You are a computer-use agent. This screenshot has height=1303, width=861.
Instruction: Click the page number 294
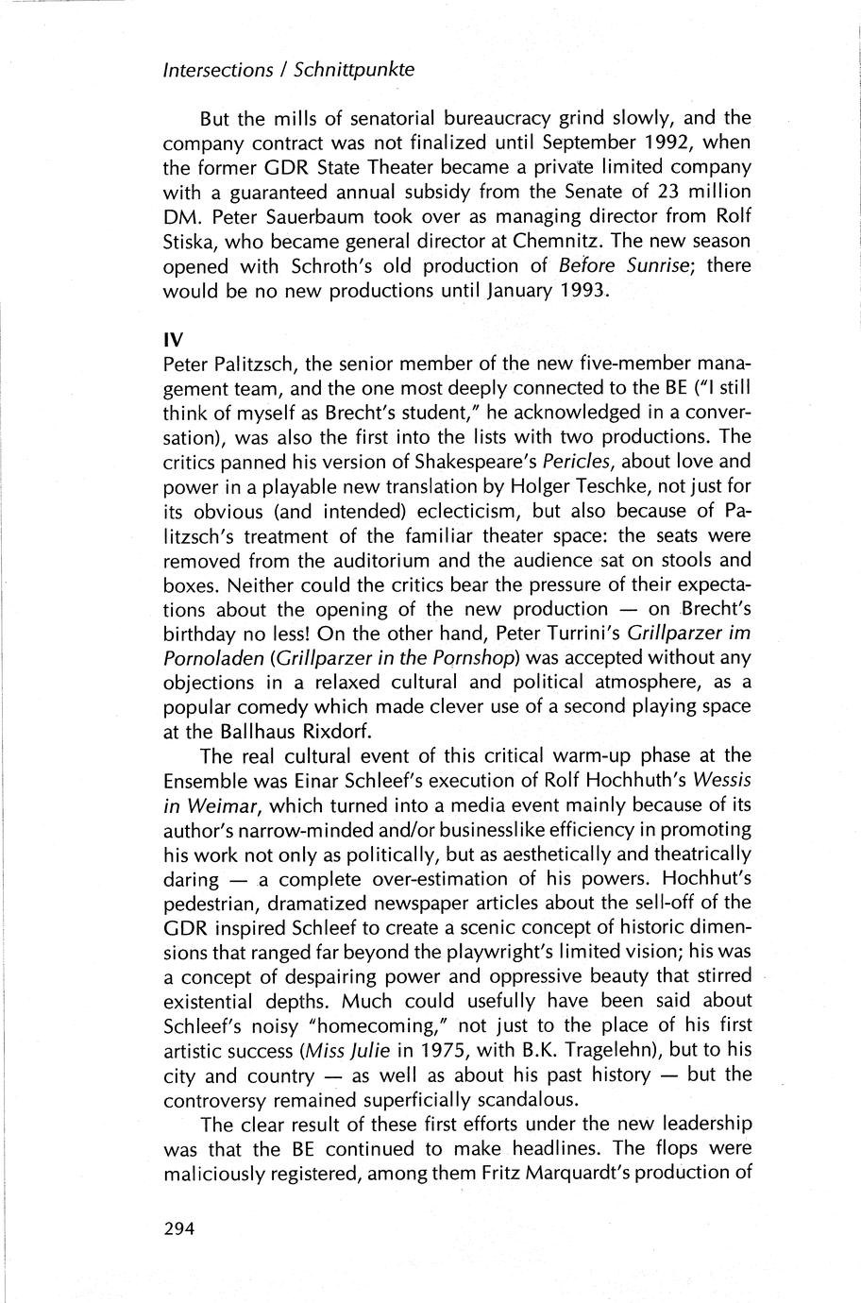(x=178, y=1229)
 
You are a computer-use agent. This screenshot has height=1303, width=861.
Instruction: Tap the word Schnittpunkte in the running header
(x=354, y=70)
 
